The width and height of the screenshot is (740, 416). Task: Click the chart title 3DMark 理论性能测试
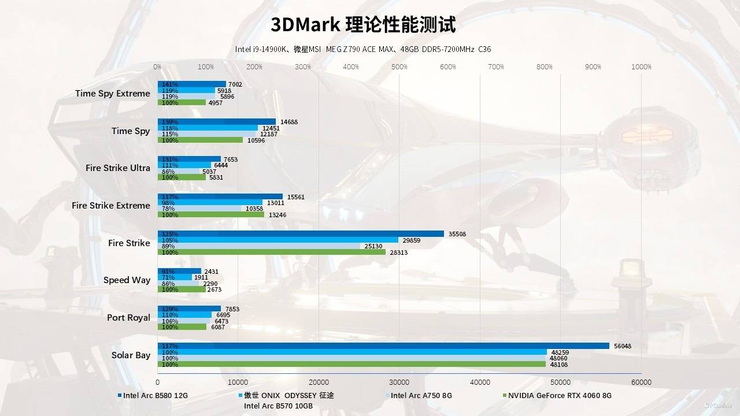click(x=363, y=25)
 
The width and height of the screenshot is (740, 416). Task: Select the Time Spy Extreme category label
click(x=112, y=94)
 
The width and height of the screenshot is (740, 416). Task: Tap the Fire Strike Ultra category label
click(x=117, y=168)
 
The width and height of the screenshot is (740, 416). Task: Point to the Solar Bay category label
click(x=131, y=355)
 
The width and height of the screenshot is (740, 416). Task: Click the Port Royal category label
click(x=128, y=318)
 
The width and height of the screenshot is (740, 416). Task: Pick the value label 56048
click(x=623, y=346)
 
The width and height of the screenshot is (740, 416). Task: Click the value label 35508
click(x=457, y=234)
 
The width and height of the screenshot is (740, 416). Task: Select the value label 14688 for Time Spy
click(x=288, y=122)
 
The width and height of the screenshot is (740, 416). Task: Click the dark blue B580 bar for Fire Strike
click(x=301, y=234)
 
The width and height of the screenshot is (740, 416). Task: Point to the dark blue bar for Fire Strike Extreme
click(x=220, y=196)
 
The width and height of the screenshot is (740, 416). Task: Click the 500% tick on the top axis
click(x=399, y=67)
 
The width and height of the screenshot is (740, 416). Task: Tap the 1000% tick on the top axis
click(x=641, y=67)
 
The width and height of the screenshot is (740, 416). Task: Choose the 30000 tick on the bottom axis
click(x=399, y=382)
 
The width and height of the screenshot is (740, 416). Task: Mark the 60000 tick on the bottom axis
click(x=641, y=382)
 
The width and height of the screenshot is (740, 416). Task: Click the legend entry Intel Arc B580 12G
click(x=155, y=396)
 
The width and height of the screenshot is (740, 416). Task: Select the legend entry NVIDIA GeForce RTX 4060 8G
click(x=559, y=396)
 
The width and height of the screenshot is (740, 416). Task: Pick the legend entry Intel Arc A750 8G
click(x=421, y=396)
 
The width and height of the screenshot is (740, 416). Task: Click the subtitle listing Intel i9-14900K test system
click(x=363, y=49)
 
